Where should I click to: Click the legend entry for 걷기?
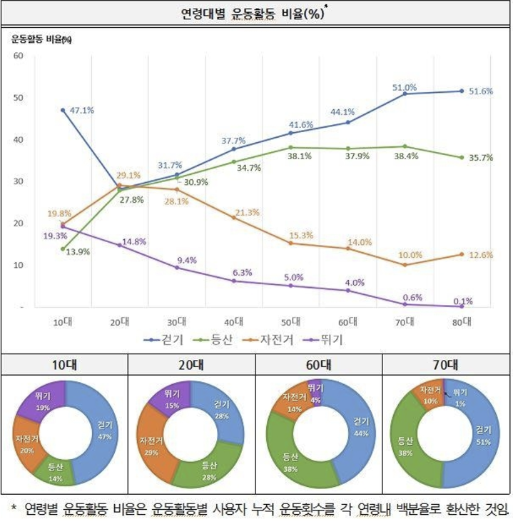168,340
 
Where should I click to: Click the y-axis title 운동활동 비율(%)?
41,39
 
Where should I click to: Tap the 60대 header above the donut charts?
319,364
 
